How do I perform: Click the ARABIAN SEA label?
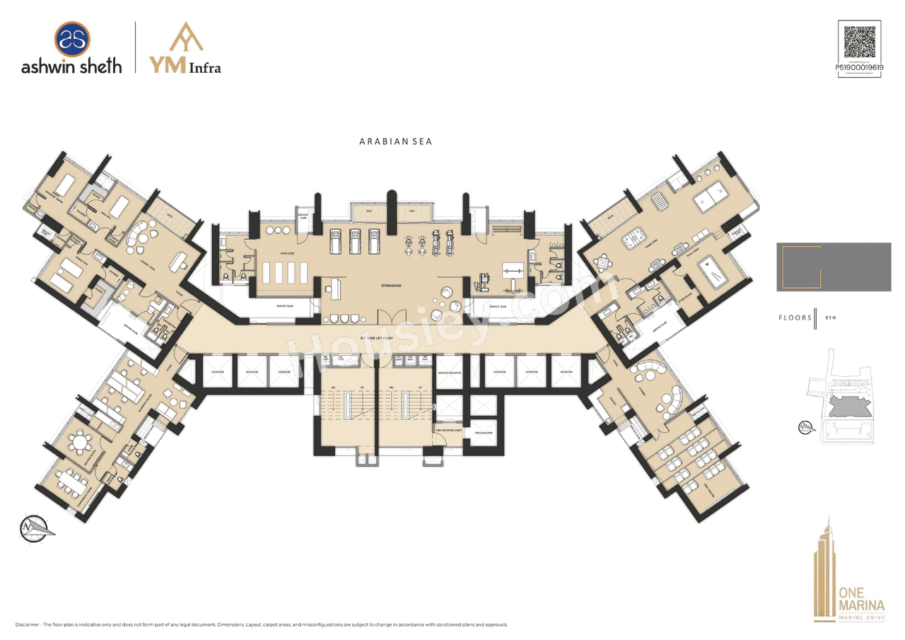tap(395, 141)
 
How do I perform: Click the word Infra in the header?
tap(204, 68)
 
